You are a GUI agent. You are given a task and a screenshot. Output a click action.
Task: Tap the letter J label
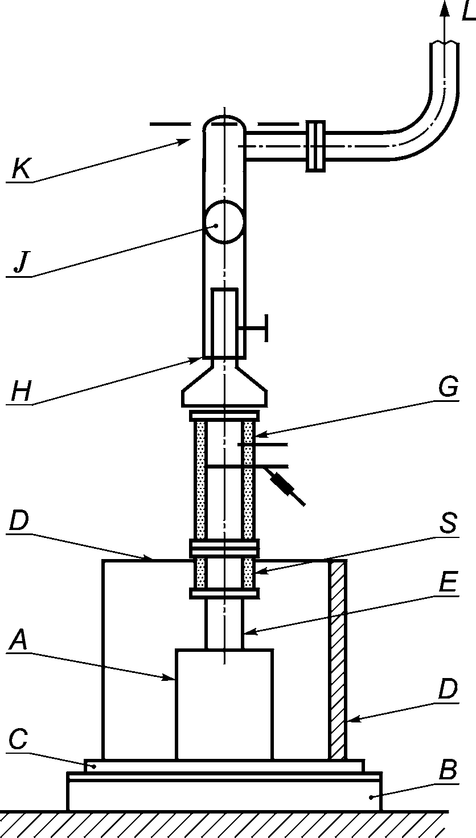pos(20,262)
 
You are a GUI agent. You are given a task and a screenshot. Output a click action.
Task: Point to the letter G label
pos(448,387)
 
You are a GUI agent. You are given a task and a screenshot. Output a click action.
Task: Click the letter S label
pos(448,523)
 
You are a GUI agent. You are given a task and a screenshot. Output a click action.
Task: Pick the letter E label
pos(448,582)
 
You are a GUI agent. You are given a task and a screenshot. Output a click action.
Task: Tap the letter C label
pos(18,739)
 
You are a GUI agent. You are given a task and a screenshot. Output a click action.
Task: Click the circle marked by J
pos(224,222)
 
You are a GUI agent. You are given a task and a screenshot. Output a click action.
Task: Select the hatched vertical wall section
pos(337,660)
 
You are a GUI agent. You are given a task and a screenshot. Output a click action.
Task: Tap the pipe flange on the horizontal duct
pos(315,146)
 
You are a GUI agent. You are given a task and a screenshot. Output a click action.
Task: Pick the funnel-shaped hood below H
pos(224,383)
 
